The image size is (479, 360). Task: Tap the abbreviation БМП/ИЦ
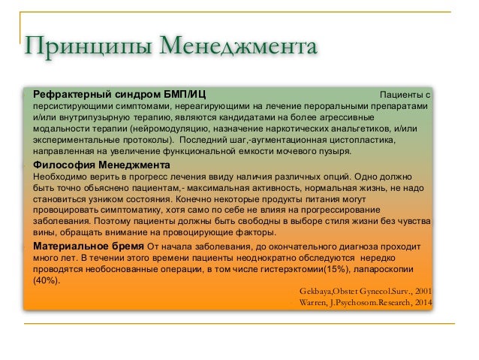click(x=183, y=95)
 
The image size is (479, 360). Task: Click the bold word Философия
click(x=63, y=165)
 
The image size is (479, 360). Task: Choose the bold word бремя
click(x=128, y=246)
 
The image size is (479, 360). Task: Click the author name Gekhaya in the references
click(x=319, y=292)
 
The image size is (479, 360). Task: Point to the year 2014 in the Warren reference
click(x=420, y=303)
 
